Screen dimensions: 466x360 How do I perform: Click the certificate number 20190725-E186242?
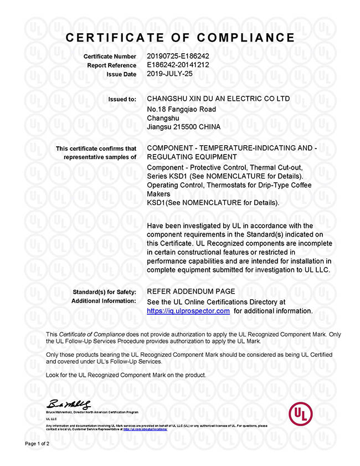click(x=177, y=57)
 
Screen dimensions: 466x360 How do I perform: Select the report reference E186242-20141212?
click(x=177, y=65)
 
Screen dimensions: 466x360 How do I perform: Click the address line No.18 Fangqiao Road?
click(x=181, y=109)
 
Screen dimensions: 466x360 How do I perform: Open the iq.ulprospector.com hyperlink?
click(x=188, y=311)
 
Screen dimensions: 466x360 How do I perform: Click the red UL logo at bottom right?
click(x=300, y=412)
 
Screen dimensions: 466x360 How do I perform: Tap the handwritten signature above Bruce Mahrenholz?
click(x=69, y=404)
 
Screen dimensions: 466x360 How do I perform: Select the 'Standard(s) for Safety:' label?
click(x=105, y=291)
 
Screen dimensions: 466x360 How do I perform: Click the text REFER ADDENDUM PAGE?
click(x=191, y=291)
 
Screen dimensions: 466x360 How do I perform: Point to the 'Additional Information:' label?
click(x=104, y=301)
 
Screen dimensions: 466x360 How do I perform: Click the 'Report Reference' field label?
click(x=111, y=65)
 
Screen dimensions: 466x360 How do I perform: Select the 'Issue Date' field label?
click(x=122, y=74)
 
